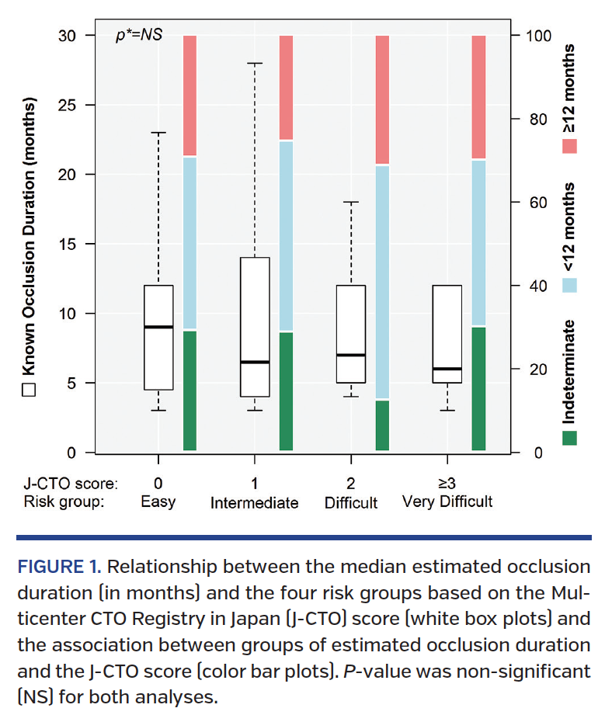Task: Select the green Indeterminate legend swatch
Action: pyautogui.click(x=569, y=438)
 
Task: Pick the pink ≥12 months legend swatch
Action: pyautogui.click(x=569, y=146)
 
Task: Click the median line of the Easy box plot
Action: pyautogui.click(x=158, y=327)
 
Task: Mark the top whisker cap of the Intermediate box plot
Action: pyautogui.click(x=255, y=63)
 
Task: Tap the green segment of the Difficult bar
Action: pyautogui.click(x=381, y=425)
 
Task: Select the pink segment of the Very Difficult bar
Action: pyautogui.click(x=478, y=96)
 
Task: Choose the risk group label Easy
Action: pyautogui.click(x=158, y=502)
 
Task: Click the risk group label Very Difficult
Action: pyautogui.click(x=447, y=502)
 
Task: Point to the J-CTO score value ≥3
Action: pyautogui.click(x=447, y=484)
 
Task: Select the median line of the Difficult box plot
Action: pyautogui.click(x=351, y=355)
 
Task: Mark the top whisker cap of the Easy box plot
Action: pyautogui.click(x=158, y=133)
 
